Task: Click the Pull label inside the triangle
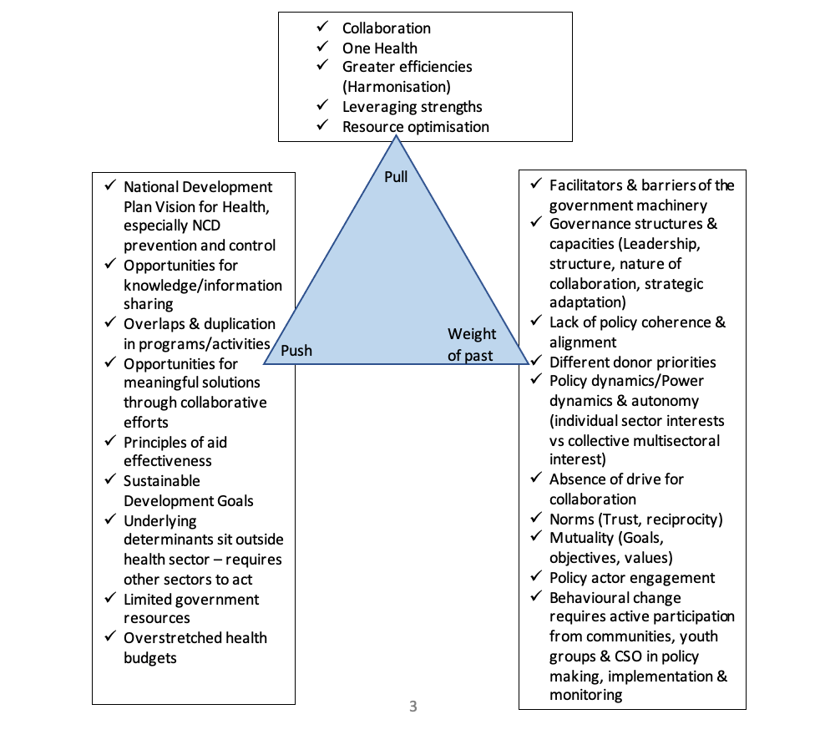[x=396, y=176]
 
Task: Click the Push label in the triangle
[x=296, y=351]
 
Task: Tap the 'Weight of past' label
[x=471, y=345]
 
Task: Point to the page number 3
[x=413, y=707]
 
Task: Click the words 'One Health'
[x=379, y=48]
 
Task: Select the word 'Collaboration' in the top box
[x=386, y=28]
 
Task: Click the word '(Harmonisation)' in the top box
[x=396, y=86]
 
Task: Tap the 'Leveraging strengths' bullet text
[x=412, y=107]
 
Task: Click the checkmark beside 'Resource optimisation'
[x=323, y=126]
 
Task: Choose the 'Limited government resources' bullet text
[x=191, y=609]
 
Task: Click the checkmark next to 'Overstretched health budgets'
[x=109, y=637]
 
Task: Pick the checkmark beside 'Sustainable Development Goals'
[x=109, y=480]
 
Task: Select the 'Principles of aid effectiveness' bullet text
[x=175, y=452]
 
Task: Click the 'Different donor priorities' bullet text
[x=632, y=362]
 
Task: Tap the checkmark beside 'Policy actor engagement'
[x=535, y=577]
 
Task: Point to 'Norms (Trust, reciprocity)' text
[x=635, y=519]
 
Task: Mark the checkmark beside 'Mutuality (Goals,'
[x=535, y=538]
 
